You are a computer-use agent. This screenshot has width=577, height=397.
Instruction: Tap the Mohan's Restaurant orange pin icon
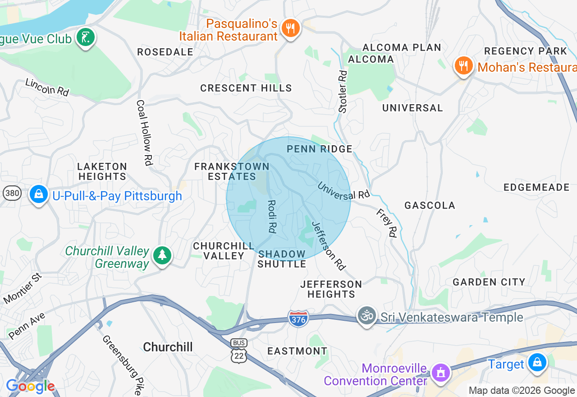pos(463,66)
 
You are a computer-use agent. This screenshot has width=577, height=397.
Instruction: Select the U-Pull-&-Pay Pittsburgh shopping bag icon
pos(39,195)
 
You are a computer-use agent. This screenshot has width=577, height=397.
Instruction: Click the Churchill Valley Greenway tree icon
pos(162,256)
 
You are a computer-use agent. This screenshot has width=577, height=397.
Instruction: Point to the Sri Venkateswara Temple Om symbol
pos(367,316)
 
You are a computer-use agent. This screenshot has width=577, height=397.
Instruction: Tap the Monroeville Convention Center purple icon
pos(440,373)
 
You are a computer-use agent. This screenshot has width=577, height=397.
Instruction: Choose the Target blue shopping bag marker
pos(537,363)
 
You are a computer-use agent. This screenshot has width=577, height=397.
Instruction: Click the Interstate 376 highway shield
pos(298,319)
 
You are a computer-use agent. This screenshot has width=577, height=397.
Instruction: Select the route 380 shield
pos(12,194)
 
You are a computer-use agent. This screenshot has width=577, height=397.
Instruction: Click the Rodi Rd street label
pos(271,217)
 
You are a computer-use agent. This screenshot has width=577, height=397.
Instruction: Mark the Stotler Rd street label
pos(343,91)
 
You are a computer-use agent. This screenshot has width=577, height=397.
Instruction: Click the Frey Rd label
pos(386,222)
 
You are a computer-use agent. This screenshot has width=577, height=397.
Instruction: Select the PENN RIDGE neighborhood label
pos(320,149)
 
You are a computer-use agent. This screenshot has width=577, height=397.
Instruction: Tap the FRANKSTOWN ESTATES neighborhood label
pos(232,172)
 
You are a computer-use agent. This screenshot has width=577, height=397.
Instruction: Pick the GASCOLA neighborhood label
pos(430,206)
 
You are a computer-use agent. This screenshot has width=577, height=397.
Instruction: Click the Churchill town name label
pos(168,347)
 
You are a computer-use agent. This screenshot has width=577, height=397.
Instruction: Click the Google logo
pos(30,387)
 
